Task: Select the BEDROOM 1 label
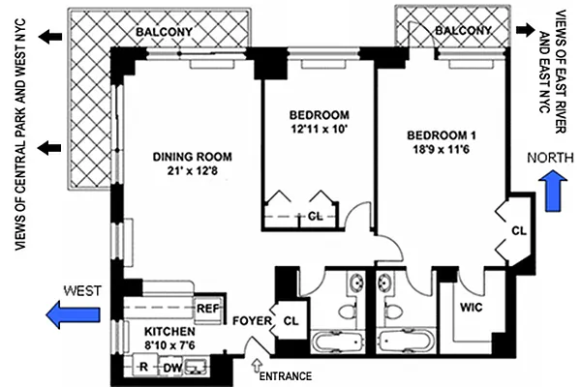443,134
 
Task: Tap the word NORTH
548,156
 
